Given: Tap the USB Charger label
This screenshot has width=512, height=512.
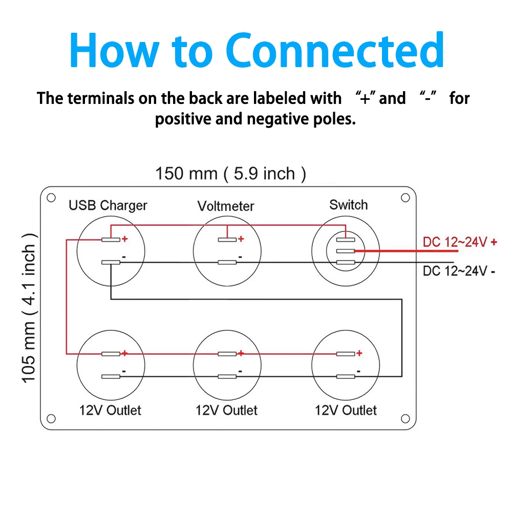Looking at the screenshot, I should point(108,205).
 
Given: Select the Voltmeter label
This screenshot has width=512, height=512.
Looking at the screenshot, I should point(226,206).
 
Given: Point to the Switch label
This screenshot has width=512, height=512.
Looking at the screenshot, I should point(348,205).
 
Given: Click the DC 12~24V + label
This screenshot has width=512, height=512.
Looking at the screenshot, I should point(460,242).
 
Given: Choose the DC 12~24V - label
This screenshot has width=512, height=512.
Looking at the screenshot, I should point(459,271).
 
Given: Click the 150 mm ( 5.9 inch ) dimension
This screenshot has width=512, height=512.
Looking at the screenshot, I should point(230,174).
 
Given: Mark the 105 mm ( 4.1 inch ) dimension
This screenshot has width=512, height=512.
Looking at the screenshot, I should point(30,307).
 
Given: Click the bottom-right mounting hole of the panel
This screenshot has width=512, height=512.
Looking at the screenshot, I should point(405,418).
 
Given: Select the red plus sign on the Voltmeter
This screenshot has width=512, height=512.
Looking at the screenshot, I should point(241,239).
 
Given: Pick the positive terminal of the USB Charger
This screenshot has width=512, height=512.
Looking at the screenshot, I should point(111,240).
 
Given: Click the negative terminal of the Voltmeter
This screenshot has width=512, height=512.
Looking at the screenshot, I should point(227,263).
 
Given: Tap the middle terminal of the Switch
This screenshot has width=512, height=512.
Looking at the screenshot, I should point(346,251).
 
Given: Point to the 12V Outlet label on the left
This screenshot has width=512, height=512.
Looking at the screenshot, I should point(110,410).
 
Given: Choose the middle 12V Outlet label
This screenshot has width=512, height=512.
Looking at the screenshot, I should point(227,410).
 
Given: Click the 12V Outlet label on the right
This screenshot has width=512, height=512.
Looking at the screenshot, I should point(346,410).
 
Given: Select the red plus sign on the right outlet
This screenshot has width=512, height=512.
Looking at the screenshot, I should point(359,353).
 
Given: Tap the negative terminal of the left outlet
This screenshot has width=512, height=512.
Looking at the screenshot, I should point(111,377).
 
